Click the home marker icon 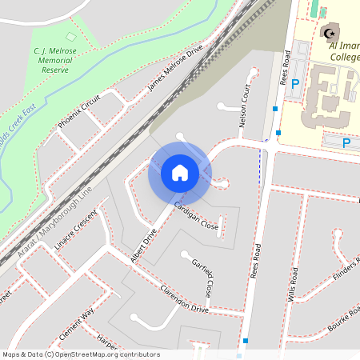pos(180,173)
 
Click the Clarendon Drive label pos(184,299)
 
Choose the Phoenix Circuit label pos(80,111)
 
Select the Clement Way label pos(76,324)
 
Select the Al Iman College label pos(344,51)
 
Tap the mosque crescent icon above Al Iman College pos(329,33)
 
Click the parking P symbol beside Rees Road pos(295,83)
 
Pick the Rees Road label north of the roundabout pos(286,67)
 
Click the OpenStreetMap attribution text pos(81,354)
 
